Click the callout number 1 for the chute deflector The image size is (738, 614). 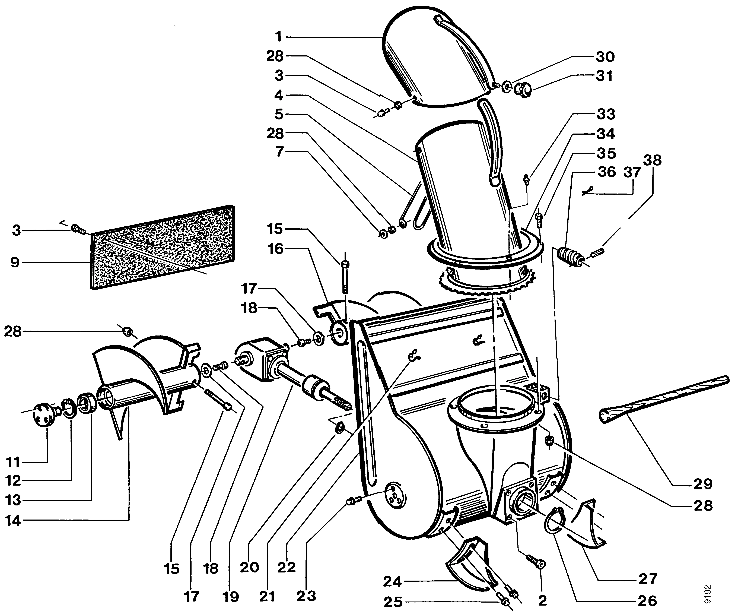279,37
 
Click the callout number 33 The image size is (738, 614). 606,114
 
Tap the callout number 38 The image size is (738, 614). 653,160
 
